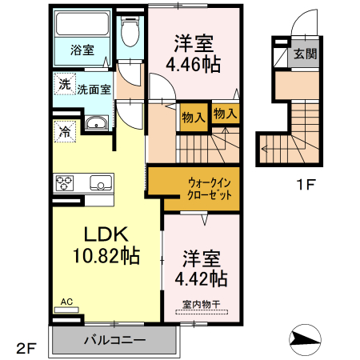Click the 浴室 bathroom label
click(81, 50)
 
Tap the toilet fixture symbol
click(129, 32)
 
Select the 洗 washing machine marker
click(62, 82)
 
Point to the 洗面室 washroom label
click(94, 90)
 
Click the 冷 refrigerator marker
click(62, 129)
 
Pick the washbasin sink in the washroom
click(96, 123)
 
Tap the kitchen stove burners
click(64, 182)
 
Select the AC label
click(67, 302)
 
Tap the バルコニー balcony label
click(115, 340)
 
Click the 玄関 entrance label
click(304, 54)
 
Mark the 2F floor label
click(26, 348)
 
